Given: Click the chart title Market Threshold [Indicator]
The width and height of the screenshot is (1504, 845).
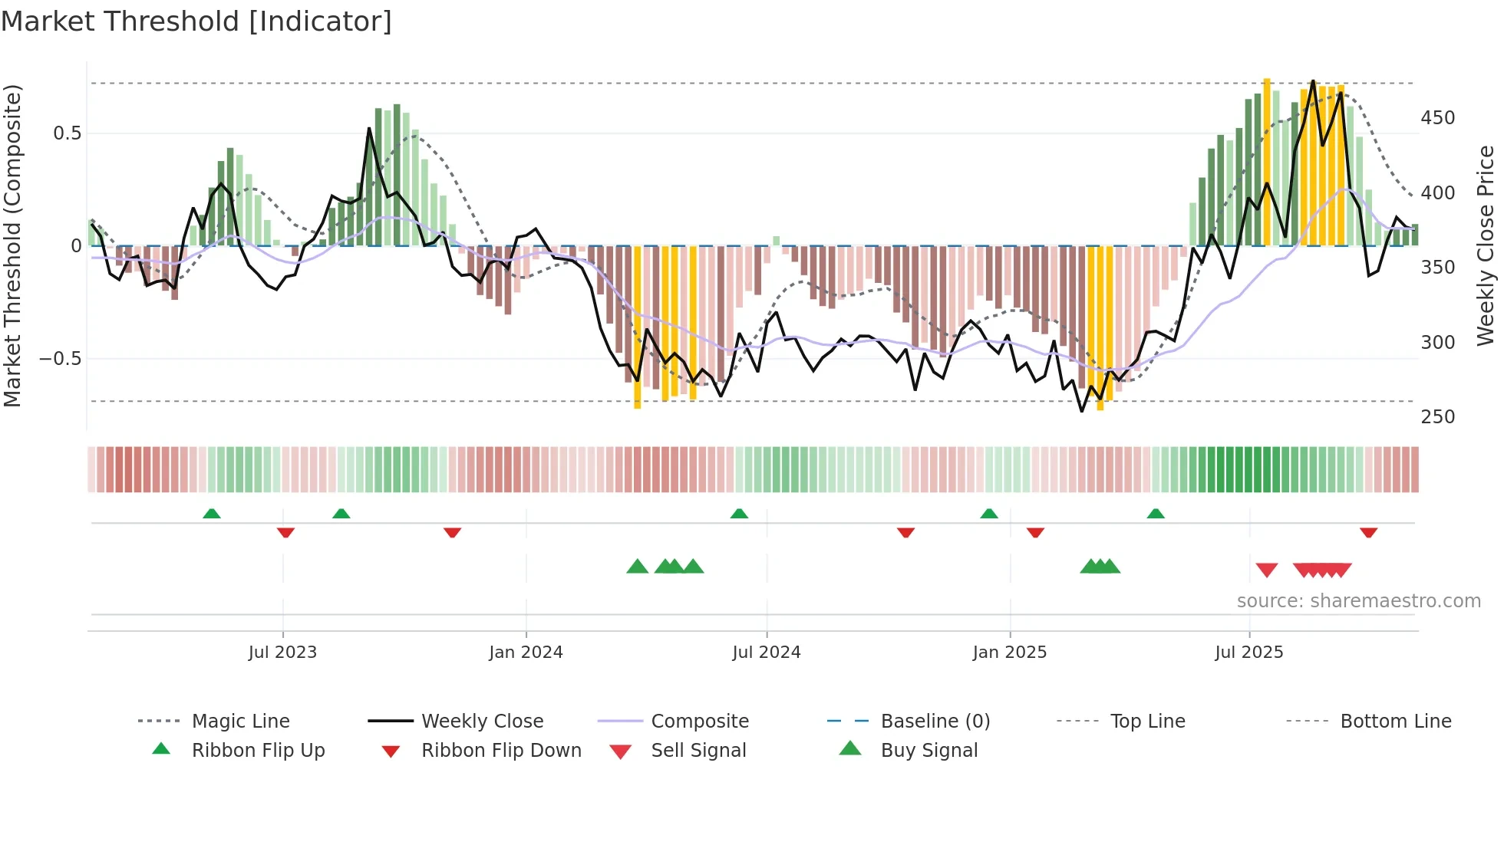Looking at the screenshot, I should tap(196, 21).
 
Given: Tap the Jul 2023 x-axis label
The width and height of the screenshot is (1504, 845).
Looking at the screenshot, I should tap(282, 653).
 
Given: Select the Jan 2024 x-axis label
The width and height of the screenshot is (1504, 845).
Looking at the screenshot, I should tap(526, 653).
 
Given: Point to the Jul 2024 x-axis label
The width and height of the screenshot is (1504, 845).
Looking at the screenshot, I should tap(766, 653).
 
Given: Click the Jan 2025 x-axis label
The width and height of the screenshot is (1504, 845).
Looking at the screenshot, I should tap(1009, 653).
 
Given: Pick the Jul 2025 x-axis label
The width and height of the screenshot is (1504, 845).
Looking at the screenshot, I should tap(1248, 653).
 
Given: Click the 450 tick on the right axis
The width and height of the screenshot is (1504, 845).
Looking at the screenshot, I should tap(1437, 118).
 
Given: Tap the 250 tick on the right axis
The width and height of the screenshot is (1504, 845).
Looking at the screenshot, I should tap(1437, 417).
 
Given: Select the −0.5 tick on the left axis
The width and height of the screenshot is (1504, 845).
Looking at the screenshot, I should tap(60, 359).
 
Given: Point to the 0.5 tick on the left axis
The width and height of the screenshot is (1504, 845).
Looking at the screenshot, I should tap(67, 133).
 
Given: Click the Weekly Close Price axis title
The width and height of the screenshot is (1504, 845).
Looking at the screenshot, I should tap(1486, 245).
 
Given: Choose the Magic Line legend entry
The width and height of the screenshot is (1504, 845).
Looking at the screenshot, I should tap(240, 722).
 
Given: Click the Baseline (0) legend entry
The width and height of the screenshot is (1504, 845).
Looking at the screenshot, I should tap(935, 722).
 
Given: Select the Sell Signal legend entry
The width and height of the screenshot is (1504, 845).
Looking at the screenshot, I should tap(698, 751).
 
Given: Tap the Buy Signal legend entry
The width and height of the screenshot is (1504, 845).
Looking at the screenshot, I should tap(928, 751).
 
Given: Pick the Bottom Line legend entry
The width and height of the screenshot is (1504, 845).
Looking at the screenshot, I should tap(1395, 722).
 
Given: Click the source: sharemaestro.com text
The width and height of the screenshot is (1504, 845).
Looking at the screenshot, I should tap(1358, 601).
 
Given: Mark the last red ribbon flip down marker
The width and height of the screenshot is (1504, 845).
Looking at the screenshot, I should tap(1368, 532).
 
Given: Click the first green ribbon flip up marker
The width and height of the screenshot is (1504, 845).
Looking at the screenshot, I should tap(212, 514).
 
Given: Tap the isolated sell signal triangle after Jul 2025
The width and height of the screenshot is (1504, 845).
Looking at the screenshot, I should tap(1266, 570).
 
